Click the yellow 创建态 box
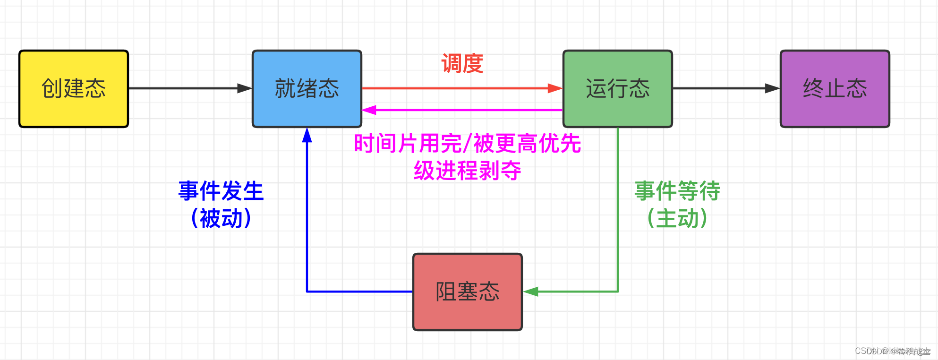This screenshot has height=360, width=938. pyautogui.click(x=74, y=89)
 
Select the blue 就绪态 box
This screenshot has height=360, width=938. pyautogui.click(x=307, y=89)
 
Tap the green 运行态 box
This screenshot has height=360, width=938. pyautogui.click(x=617, y=89)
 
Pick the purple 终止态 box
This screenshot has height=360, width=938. pyautogui.click(x=835, y=89)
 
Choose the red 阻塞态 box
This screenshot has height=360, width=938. pyautogui.click(x=468, y=291)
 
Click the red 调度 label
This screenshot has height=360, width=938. pyautogui.click(x=462, y=64)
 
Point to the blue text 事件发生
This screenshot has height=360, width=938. pyautogui.click(x=221, y=191)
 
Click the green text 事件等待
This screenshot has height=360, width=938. pyautogui.click(x=677, y=191)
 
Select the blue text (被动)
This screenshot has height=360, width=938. pyautogui.click(x=221, y=218)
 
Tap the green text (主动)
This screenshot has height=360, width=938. pyautogui.click(x=677, y=218)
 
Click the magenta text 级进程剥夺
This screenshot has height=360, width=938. pyautogui.click(x=468, y=171)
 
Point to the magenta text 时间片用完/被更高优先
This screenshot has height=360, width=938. pyautogui.click(x=468, y=144)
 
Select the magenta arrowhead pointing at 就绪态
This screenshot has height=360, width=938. pyautogui.click(x=369, y=110)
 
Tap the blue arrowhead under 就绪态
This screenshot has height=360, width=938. pyautogui.click(x=307, y=135)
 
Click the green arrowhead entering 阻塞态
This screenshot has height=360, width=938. pyautogui.click(x=531, y=291)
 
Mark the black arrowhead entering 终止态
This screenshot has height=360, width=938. pyautogui.click(x=772, y=88)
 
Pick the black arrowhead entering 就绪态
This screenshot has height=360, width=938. pyautogui.click(x=244, y=88)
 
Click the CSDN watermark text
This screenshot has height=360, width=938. pyautogui.click(x=892, y=351)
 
